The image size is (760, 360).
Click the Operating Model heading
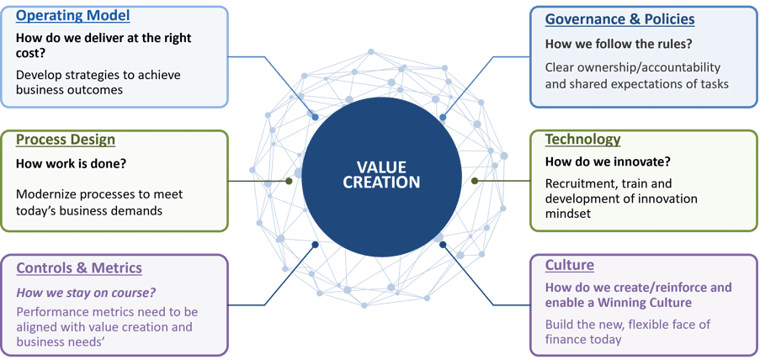(x=72, y=15)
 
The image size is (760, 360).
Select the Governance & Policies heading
(x=620, y=19)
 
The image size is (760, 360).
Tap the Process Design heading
(x=66, y=140)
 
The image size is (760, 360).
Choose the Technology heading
(x=582, y=140)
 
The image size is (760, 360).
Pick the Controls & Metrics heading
(x=79, y=268)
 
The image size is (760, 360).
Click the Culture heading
(x=570, y=266)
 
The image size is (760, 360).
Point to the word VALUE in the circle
(x=381, y=167)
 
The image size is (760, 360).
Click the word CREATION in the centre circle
(x=381, y=183)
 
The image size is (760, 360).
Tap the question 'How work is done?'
(x=72, y=164)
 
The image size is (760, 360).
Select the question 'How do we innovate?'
(x=604, y=161)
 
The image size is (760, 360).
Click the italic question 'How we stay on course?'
(x=86, y=294)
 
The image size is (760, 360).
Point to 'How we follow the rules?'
(x=619, y=44)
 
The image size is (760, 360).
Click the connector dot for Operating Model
(x=315, y=117)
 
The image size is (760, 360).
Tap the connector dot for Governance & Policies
(x=443, y=117)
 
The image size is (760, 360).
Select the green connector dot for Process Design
(x=289, y=181)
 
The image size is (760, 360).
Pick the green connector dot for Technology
(x=475, y=181)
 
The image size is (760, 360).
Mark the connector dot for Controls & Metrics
(x=315, y=245)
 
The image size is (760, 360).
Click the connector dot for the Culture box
(x=443, y=245)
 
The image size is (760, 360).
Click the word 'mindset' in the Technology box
(x=568, y=213)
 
